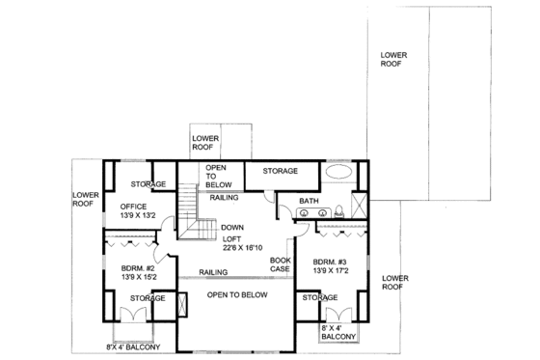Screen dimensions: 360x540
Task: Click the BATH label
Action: tap(309, 202)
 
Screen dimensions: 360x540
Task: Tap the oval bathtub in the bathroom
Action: tap(337, 172)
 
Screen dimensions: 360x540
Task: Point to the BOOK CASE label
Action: tap(280, 265)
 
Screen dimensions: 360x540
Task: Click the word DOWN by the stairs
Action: tap(231, 227)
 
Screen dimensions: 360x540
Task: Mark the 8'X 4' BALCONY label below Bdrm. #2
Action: tap(133, 346)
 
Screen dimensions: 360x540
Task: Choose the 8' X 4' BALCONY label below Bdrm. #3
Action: tap(337, 334)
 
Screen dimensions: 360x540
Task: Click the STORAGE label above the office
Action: tap(149, 183)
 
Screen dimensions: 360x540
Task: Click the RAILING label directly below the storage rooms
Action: tap(225, 197)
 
